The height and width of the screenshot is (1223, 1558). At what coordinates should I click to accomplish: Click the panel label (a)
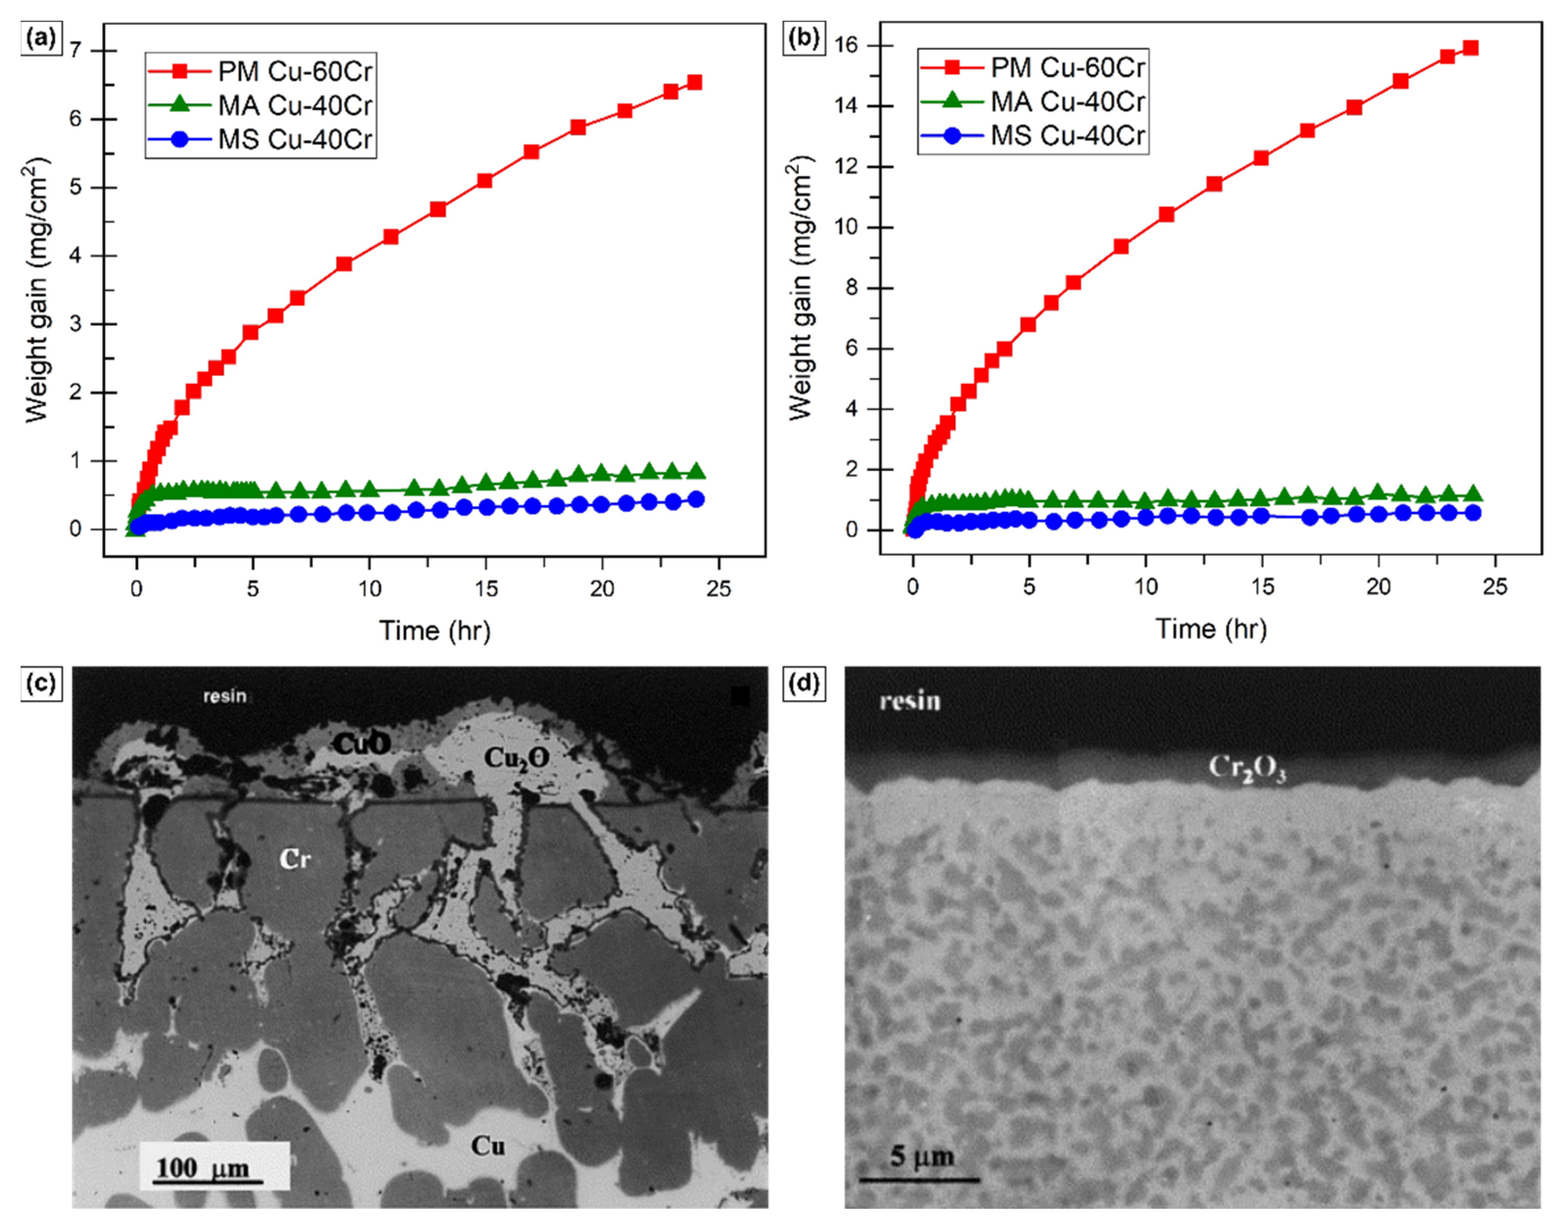coord(40,38)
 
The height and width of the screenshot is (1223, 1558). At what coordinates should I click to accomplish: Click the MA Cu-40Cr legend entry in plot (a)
coord(295,105)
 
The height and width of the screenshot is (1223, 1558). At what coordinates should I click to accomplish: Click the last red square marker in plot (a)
coord(694,83)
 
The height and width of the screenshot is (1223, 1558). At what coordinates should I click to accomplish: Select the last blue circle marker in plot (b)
coord(1473,512)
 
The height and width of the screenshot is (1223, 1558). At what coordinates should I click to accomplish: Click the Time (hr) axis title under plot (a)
coord(435,631)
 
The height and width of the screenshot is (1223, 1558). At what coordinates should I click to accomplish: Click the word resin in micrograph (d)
coord(909,701)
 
